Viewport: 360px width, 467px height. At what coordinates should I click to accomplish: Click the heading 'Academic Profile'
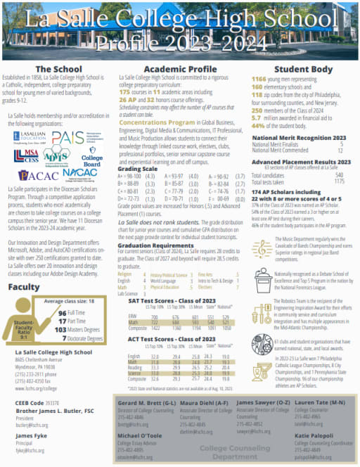(x=180, y=69)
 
